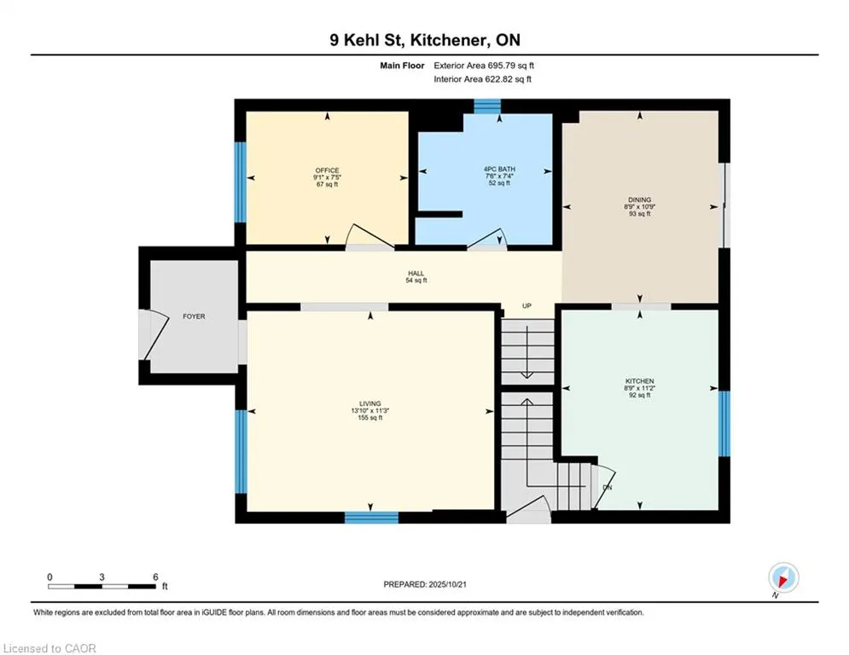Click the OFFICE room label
(x=327, y=171)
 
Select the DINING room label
(x=640, y=200)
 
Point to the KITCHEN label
(x=640, y=381)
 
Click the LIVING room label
(x=369, y=403)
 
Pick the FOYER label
(x=194, y=316)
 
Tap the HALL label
(x=416, y=274)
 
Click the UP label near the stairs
(x=527, y=306)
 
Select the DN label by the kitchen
(x=607, y=488)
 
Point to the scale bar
(x=103, y=586)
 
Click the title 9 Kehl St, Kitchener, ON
(x=424, y=40)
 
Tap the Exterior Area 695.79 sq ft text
(x=485, y=65)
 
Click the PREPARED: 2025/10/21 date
(x=426, y=584)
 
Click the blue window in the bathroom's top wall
(x=487, y=106)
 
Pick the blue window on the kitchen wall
(x=724, y=423)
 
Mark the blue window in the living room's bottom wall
(x=371, y=517)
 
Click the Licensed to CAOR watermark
(x=49, y=648)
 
